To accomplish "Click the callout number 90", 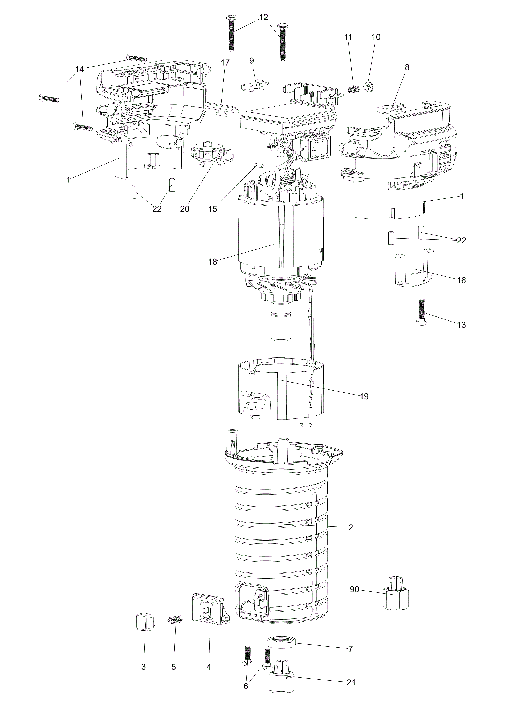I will coord(354,589).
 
